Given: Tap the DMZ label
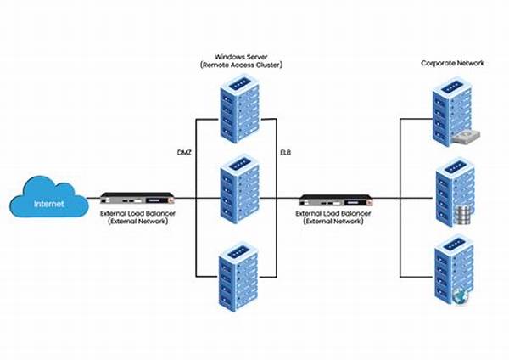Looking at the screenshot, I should [x=183, y=152].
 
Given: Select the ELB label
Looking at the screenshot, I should [x=288, y=152].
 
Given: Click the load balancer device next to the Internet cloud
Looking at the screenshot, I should [x=131, y=198].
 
